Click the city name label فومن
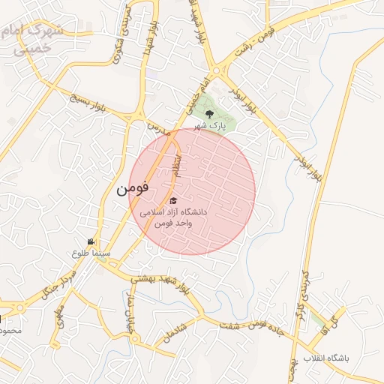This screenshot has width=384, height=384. (x=133, y=189)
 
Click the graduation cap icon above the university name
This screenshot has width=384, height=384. (x=174, y=200)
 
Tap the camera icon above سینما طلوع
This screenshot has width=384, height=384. (x=91, y=241)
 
